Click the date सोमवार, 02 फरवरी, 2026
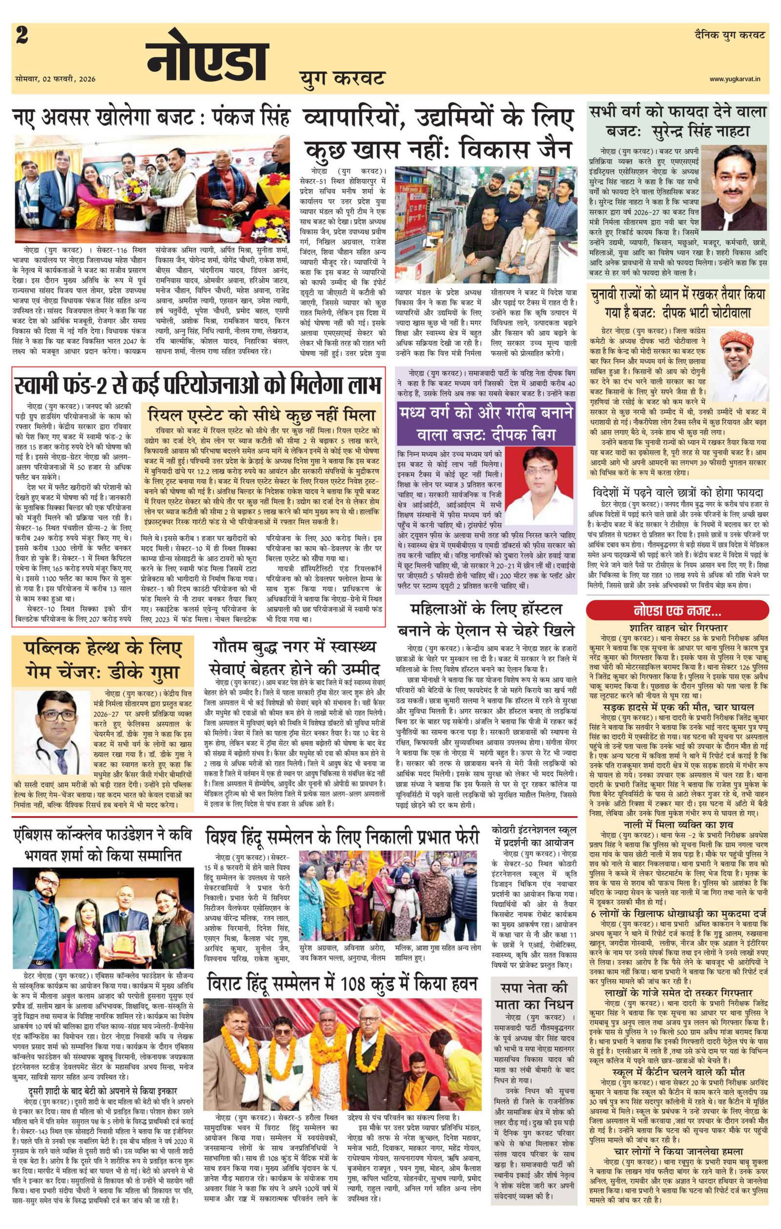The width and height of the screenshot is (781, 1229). coord(55,79)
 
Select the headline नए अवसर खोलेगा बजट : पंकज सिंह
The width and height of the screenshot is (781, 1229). coord(152,119)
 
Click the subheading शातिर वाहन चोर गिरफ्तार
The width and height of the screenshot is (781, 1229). coord(678,628)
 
